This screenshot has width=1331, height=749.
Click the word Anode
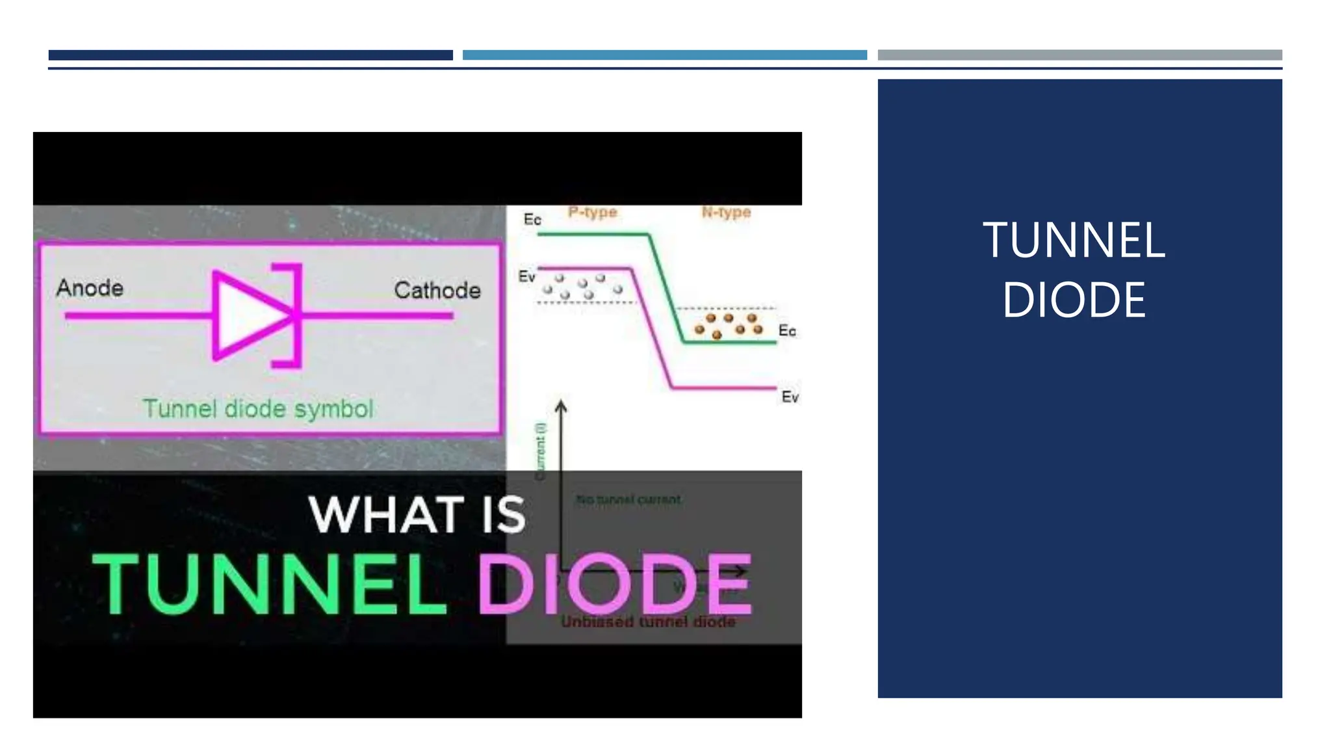pyautogui.click(x=90, y=287)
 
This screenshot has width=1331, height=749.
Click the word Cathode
pyautogui.click(x=437, y=290)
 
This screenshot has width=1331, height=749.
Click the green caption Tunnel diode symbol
pyautogui.click(x=258, y=409)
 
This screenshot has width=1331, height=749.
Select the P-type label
pyautogui.click(x=592, y=213)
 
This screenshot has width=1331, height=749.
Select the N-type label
pyautogui.click(x=726, y=213)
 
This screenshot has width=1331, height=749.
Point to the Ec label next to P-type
pyautogui.click(x=532, y=220)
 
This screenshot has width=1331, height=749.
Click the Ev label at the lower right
pyautogui.click(x=790, y=397)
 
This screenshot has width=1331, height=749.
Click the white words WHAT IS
pyautogui.click(x=417, y=515)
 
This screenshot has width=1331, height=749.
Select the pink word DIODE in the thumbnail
pyautogui.click(x=615, y=584)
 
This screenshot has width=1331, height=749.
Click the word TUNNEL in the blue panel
pyautogui.click(x=1074, y=241)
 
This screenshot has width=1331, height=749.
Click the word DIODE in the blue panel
pyautogui.click(x=1074, y=300)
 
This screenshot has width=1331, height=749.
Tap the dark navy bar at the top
pyautogui.click(x=250, y=55)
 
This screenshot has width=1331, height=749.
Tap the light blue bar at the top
pyautogui.click(x=664, y=55)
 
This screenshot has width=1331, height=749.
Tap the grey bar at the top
pyautogui.click(x=1079, y=55)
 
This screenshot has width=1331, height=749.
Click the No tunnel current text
pyautogui.click(x=628, y=499)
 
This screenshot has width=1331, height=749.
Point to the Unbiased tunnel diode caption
pyautogui.click(x=648, y=622)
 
